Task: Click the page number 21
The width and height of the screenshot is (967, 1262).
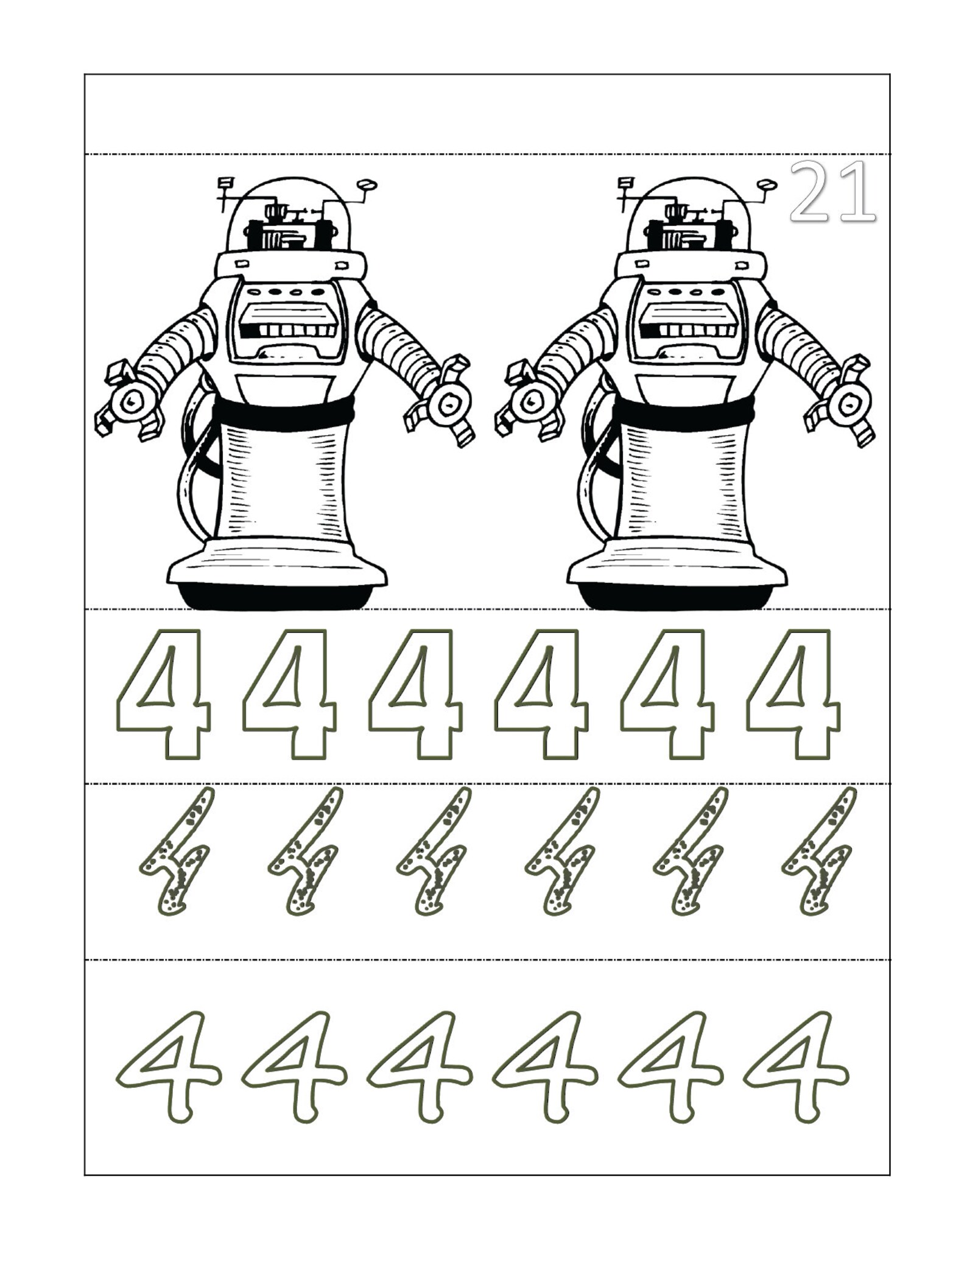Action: [832, 191]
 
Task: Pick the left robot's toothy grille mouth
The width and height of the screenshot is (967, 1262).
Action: [288, 330]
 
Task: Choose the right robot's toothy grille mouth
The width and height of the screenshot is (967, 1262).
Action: [689, 330]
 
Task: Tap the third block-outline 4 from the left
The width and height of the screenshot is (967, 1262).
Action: [417, 694]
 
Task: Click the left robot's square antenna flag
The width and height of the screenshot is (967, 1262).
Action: [226, 182]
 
